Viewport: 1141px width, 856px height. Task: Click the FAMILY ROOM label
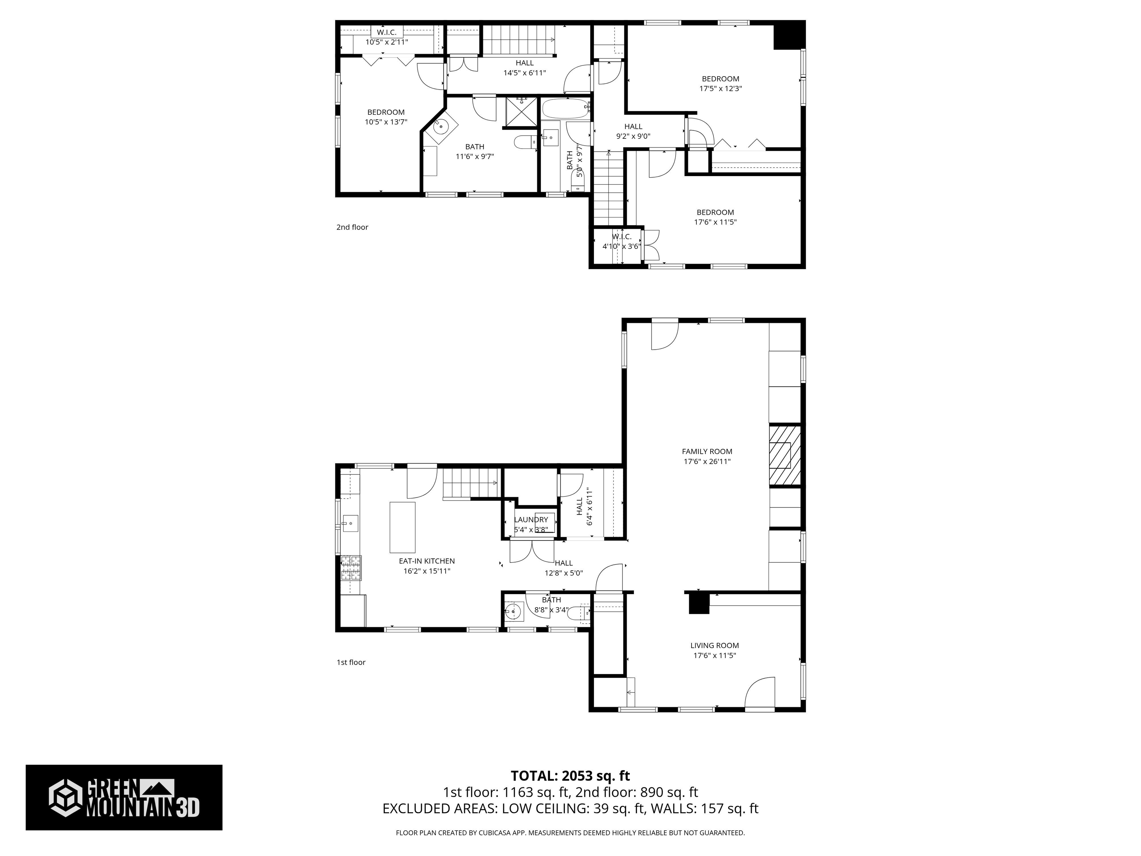pos(707,451)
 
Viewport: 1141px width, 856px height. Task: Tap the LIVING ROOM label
pos(714,645)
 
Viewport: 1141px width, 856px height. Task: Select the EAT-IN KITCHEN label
pos(427,561)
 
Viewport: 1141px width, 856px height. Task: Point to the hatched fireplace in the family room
pos(784,455)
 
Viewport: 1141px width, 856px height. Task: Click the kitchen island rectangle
pos(402,527)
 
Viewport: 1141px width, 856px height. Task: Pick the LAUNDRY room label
pos(530,520)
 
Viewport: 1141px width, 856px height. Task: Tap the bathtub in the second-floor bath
pos(565,109)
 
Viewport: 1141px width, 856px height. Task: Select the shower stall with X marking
pos(521,111)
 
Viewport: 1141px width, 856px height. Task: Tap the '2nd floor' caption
pos(352,227)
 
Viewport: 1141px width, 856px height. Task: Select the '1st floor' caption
pos(351,662)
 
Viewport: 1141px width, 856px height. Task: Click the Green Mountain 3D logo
pos(124,798)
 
